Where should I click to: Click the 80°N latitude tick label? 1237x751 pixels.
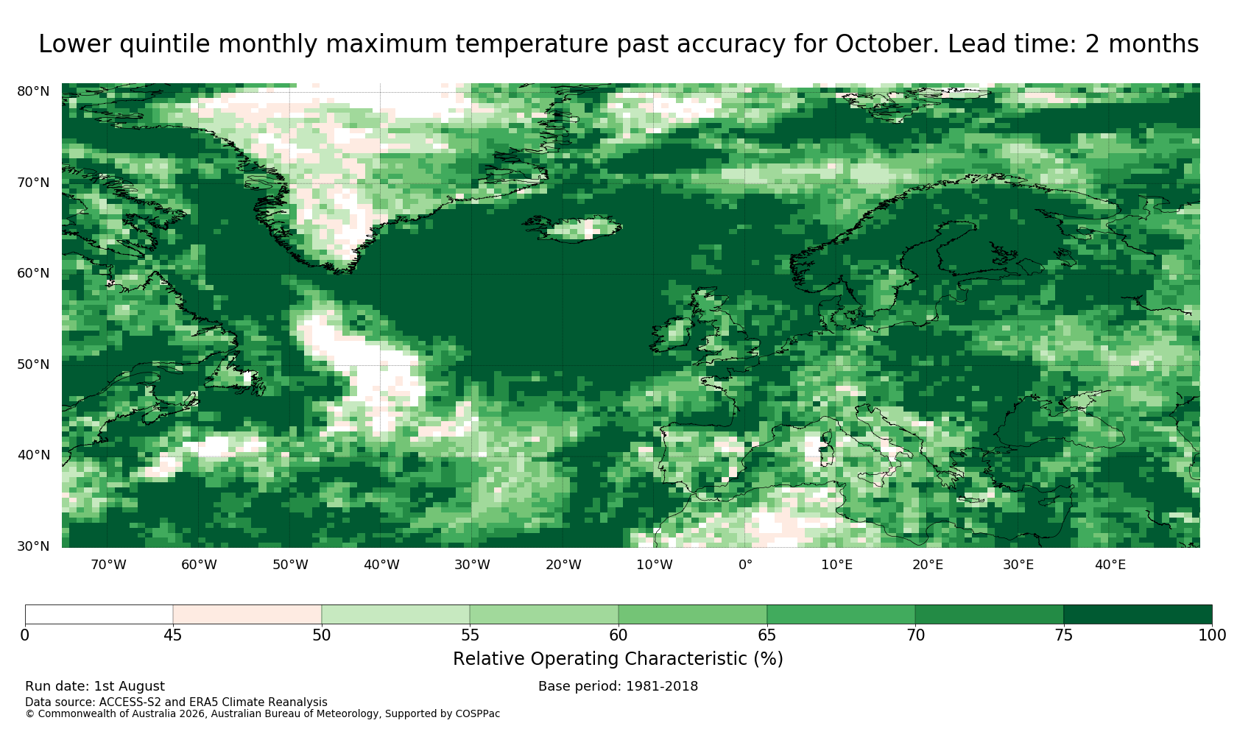(x=33, y=91)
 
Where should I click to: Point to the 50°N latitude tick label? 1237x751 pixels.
(x=33, y=364)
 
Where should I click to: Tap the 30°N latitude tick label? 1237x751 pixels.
(x=33, y=546)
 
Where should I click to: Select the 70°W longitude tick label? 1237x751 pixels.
(x=109, y=565)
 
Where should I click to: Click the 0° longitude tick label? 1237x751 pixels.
(x=745, y=565)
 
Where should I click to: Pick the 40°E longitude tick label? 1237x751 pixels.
(x=1110, y=565)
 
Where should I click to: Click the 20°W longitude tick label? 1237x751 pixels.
(x=564, y=565)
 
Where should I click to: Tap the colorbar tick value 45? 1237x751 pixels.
(x=173, y=635)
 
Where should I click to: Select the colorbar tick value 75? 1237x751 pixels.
(x=1063, y=635)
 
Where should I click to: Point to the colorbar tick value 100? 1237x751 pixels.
(x=1212, y=635)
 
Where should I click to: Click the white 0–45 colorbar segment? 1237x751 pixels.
(x=99, y=615)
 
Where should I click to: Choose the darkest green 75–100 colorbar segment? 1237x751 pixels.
(x=1138, y=615)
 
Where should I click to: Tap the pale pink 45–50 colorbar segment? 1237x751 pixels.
(x=247, y=615)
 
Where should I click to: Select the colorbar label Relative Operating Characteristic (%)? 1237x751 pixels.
(x=618, y=659)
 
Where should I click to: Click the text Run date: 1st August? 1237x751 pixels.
(x=95, y=686)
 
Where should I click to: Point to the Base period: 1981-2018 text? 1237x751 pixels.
(x=618, y=686)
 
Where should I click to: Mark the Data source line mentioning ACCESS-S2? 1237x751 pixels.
(x=176, y=702)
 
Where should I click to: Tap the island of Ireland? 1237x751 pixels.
(x=671, y=333)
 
